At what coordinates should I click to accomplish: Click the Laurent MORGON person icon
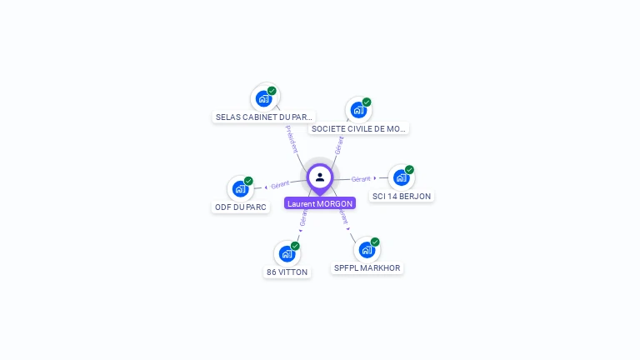coord(320,177)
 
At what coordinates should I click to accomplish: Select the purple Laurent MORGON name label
coord(320,203)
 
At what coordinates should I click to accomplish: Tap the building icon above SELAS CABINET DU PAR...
coord(264,98)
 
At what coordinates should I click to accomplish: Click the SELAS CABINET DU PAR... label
coord(264,117)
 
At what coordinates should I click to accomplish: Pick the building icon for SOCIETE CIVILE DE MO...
coord(358,110)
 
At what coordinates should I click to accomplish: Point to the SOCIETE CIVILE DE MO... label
coord(358,129)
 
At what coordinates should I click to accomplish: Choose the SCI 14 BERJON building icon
coord(402,177)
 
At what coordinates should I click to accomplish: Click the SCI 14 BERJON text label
coord(402,197)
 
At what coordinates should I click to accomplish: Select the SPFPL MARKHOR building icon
coord(367,249)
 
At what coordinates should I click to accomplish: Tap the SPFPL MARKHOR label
coord(367,268)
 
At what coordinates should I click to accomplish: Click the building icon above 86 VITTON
coord(287,253)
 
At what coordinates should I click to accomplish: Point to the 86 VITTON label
coord(287,272)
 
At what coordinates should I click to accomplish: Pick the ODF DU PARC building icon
coord(241,188)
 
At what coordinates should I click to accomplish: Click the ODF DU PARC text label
coord(242,207)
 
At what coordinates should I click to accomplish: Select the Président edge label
coord(291,138)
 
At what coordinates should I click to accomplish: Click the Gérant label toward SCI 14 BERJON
coord(361,179)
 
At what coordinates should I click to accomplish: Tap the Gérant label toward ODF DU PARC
coord(280,184)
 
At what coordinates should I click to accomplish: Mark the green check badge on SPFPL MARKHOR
coord(375,242)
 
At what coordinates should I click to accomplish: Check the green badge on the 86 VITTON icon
coord(295,246)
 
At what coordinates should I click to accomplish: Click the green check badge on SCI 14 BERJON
coord(409,170)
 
